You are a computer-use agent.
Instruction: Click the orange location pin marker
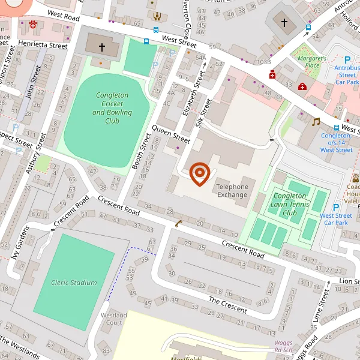click(199, 174)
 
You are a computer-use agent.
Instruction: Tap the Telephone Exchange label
click(232, 191)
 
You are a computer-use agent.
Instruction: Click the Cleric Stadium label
click(74, 283)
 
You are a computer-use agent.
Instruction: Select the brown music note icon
click(316, 122)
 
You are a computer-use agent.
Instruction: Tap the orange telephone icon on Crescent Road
click(178, 224)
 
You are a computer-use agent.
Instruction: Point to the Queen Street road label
click(171, 133)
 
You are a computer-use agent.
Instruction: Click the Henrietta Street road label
click(43, 45)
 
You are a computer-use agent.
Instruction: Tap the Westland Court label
click(113, 319)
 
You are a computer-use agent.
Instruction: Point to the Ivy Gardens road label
click(20, 243)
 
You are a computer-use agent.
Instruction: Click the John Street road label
click(28, 84)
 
